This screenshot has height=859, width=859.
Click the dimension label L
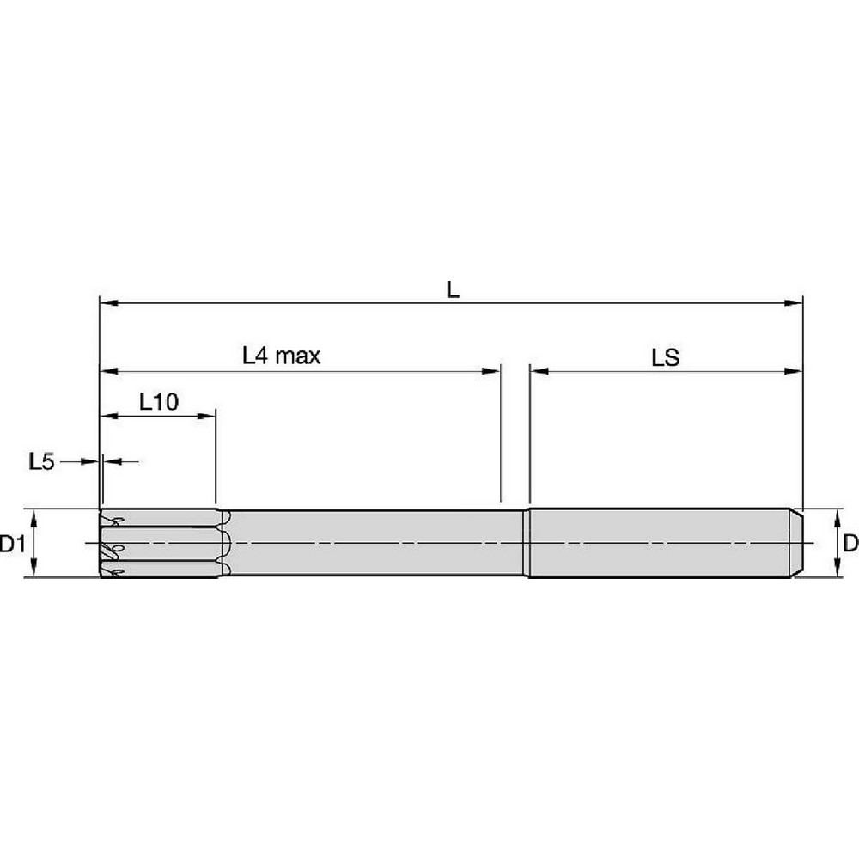454,289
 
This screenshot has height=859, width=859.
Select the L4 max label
281,356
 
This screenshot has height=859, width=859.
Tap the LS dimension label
665,357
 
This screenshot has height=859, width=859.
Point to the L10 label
158,401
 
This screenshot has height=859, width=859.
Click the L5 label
41,461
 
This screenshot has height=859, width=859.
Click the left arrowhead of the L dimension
107,302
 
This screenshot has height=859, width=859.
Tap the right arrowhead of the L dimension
795,302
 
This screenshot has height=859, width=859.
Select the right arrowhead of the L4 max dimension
492,371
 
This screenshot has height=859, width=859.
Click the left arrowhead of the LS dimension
537,371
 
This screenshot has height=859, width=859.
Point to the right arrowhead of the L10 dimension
208,416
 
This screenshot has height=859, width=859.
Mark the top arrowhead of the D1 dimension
34,515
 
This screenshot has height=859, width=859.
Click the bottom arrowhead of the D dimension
838,570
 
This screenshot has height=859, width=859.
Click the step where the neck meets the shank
527,543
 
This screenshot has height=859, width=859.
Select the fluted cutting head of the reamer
159,543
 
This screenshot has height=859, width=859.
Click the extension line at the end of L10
216,460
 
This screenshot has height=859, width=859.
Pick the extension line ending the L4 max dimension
500,434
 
